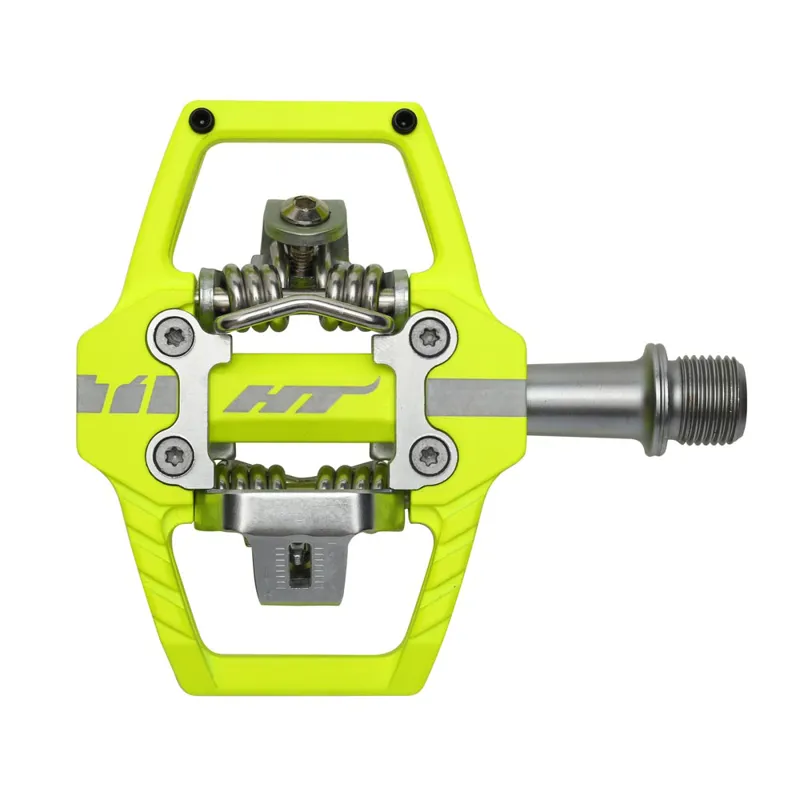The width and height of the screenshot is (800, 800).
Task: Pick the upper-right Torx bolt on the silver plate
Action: pos(431,337)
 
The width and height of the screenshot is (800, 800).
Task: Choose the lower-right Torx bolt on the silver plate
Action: pos(431,456)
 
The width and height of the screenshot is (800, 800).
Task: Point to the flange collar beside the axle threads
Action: pos(656,398)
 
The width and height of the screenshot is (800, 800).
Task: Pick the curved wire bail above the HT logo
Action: pos(300,310)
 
